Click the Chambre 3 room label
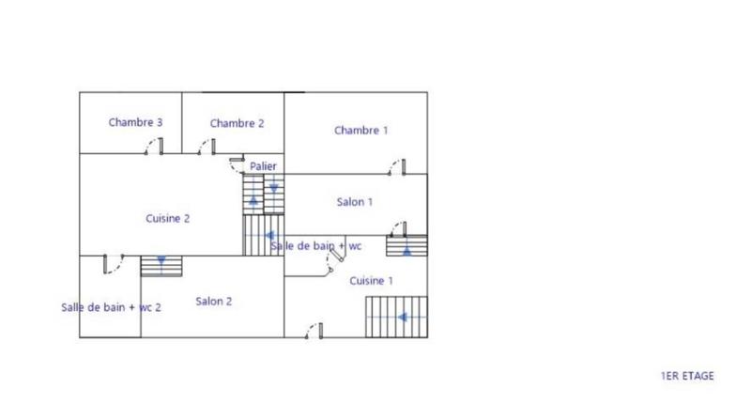tap(136, 122)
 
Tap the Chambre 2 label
tap(237, 123)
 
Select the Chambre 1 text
tap(360, 131)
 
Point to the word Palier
tap(263, 166)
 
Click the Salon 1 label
tap(355, 202)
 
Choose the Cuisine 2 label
tap(168, 218)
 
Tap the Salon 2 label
tap(214, 302)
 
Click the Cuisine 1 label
tap(371, 280)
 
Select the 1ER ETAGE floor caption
tap(687, 376)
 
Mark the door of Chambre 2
tap(207, 146)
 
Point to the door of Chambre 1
tap(398, 167)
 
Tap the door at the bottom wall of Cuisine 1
tap(314, 331)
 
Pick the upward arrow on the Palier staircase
tap(253, 199)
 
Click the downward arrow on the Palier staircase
tap(273, 188)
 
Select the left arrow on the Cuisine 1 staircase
tap(402, 317)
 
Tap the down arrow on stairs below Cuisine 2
tap(161, 260)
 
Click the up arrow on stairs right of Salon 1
tap(406, 250)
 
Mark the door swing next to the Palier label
tap(238, 163)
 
